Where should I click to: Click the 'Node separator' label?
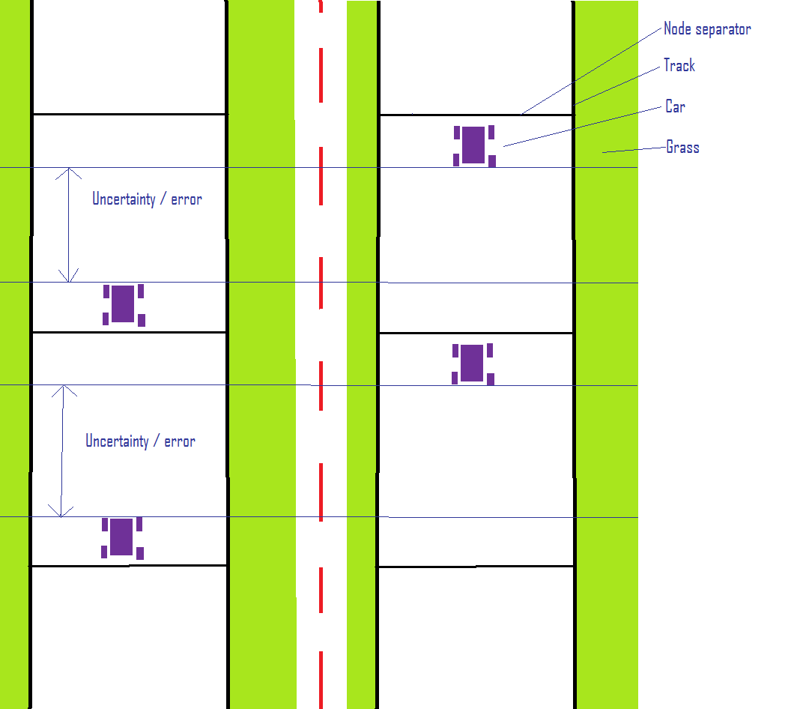click(x=707, y=29)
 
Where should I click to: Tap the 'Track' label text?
click(x=679, y=66)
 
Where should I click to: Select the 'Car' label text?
click(x=675, y=106)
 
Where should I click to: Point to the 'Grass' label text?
click(x=682, y=147)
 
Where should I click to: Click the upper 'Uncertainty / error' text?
click(x=147, y=199)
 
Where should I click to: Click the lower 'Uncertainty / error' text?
click(x=140, y=441)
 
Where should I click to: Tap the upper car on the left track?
click(x=124, y=304)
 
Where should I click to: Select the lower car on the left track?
click(x=122, y=537)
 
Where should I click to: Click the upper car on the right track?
click(x=474, y=145)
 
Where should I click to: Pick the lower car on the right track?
click(x=473, y=363)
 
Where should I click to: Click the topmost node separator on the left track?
click(x=129, y=115)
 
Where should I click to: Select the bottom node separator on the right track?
click(x=476, y=567)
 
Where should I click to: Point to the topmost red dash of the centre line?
click(x=321, y=6)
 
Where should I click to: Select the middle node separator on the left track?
click(x=129, y=332)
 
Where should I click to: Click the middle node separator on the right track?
click(x=476, y=334)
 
